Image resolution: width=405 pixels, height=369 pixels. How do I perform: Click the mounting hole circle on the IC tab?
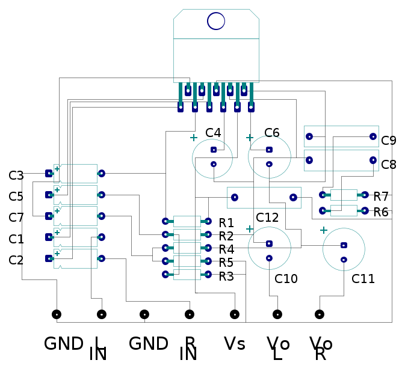(x=216, y=21)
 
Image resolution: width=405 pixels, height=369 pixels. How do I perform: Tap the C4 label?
(x=213, y=133)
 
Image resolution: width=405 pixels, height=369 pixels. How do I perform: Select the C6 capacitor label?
(x=272, y=133)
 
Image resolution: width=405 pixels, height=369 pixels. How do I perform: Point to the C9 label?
(x=389, y=141)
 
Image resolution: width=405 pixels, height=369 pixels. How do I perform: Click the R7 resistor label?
(x=381, y=197)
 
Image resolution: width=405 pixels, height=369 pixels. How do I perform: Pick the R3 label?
(x=226, y=276)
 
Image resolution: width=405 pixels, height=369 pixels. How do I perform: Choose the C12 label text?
(x=267, y=217)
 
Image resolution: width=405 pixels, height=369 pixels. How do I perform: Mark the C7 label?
(x=16, y=218)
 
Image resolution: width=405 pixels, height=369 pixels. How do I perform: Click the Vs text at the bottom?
(x=234, y=344)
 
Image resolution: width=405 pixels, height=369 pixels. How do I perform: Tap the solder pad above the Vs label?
(x=235, y=314)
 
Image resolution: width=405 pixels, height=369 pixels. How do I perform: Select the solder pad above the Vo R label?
(x=320, y=314)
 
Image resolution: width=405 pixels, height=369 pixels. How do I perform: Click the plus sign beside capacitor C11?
(x=323, y=230)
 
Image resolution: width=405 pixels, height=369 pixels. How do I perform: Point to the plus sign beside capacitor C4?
(x=194, y=138)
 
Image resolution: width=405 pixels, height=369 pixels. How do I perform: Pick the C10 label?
(x=286, y=279)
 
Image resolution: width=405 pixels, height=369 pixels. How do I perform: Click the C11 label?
(x=363, y=279)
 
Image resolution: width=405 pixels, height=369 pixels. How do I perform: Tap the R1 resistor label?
(x=226, y=223)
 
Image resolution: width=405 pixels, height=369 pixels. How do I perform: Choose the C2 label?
(x=16, y=260)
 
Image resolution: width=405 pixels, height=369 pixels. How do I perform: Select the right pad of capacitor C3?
(x=102, y=173)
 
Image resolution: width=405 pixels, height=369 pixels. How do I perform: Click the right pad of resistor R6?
(x=365, y=210)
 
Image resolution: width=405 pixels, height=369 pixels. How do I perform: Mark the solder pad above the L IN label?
(x=102, y=314)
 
